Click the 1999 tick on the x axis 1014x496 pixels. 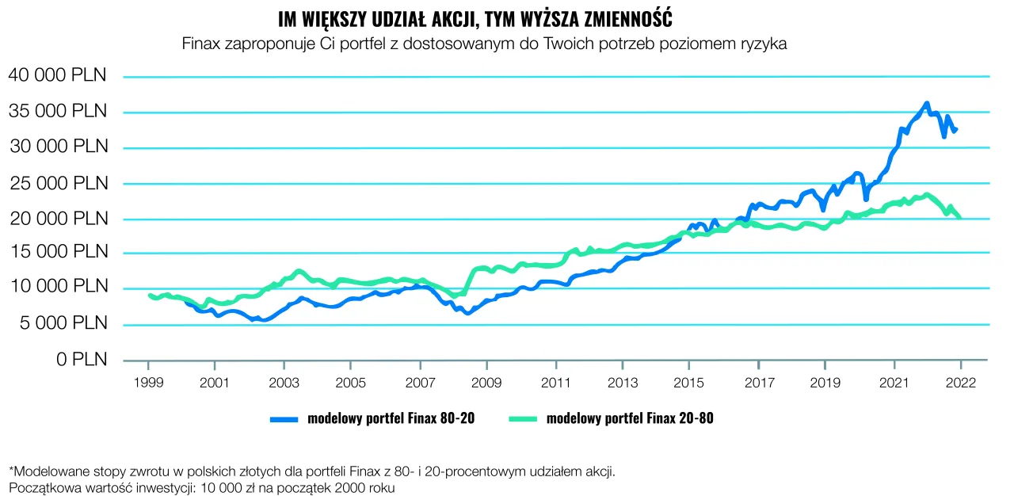click(148, 383)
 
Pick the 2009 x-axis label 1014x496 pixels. click(486, 383)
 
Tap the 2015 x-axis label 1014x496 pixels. click(689, 383)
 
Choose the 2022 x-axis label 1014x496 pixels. click(960, 383)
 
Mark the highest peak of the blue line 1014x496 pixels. click(927, 104)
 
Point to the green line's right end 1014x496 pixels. click(960, 217)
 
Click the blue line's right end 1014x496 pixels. click(956, 129)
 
